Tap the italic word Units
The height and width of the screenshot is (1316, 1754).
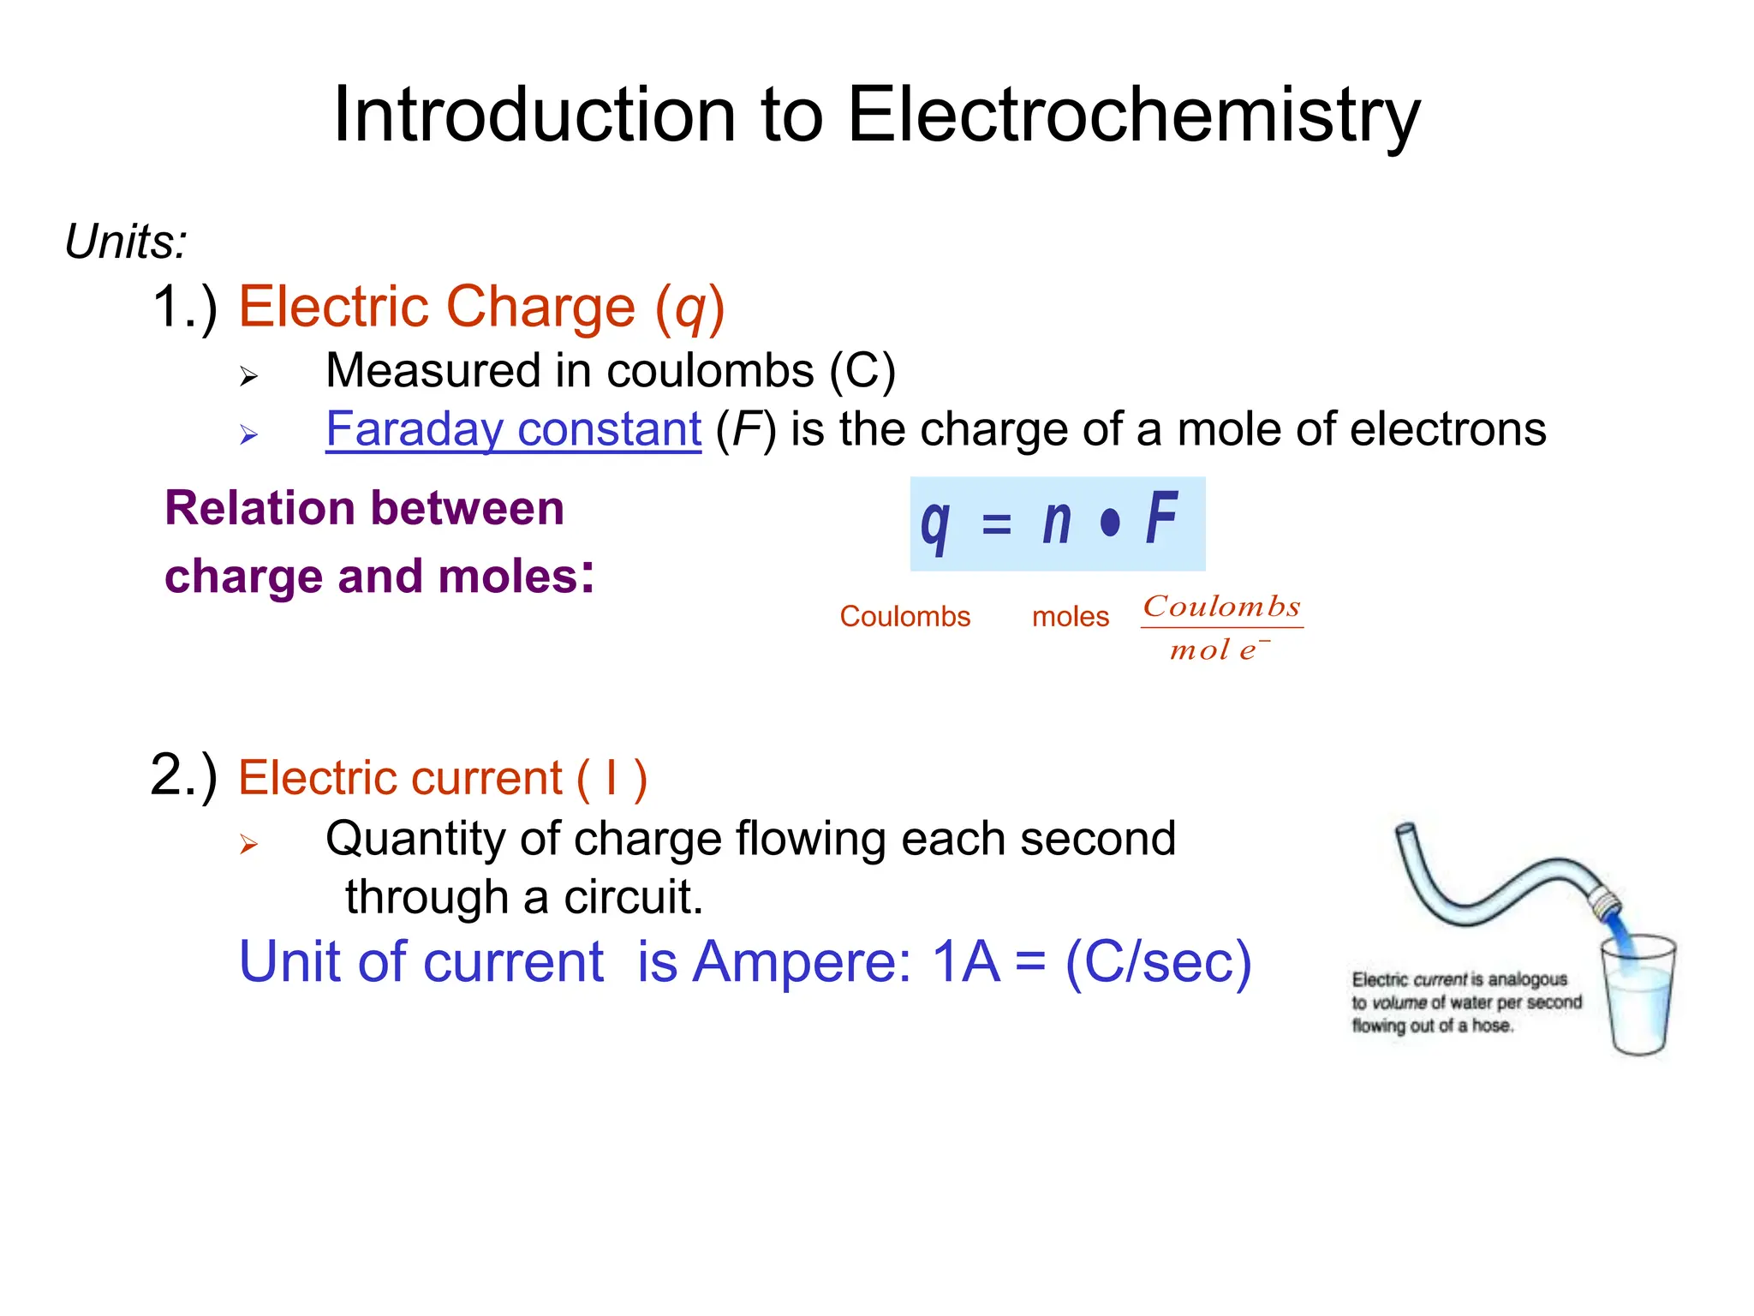pos(125,242)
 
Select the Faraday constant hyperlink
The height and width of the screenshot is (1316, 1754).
pos(513,429)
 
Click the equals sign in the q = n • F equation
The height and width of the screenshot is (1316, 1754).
pos(996,523)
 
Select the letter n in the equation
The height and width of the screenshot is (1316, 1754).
pos(1057,521)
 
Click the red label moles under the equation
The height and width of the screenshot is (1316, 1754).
pos(1070,617)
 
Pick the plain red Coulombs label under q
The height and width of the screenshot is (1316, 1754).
pos(904,617)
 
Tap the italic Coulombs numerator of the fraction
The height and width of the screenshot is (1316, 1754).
pos(1221,607)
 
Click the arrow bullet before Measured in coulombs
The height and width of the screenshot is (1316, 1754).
pos(248,375)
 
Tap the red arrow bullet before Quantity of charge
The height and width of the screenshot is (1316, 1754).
pos(248,845)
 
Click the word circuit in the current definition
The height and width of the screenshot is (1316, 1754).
pos(633,897)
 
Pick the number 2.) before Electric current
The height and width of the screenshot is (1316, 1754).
pos(183,775)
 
